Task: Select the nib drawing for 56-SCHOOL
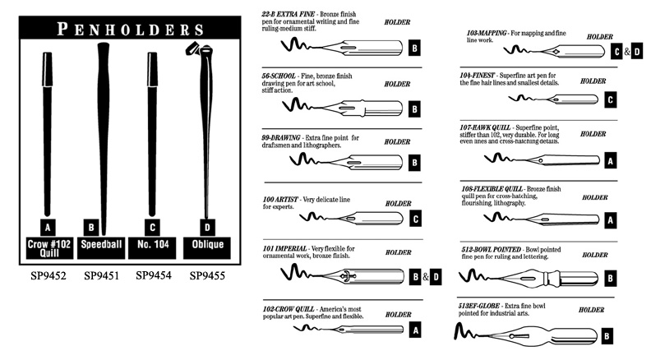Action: point(362,109)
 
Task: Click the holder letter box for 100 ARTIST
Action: point(415,219)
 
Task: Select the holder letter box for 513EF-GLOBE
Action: point(607,335)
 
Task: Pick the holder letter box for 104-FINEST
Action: point(609,100)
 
